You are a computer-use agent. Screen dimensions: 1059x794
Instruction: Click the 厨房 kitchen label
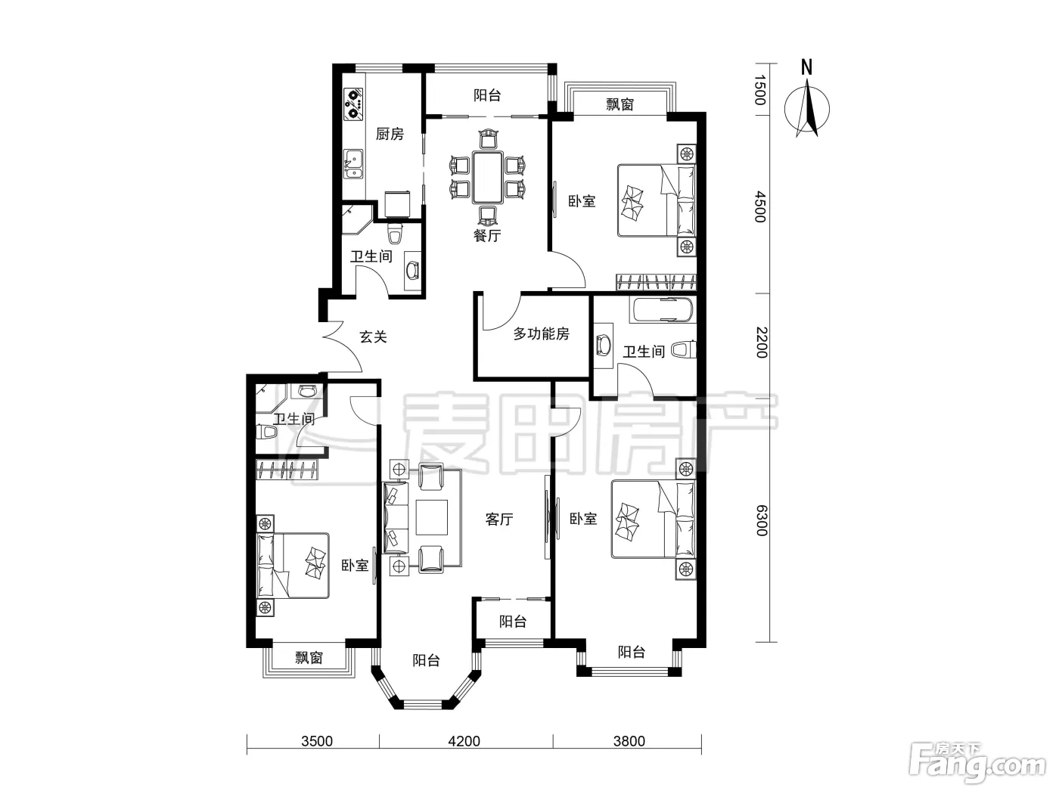pos(390,134)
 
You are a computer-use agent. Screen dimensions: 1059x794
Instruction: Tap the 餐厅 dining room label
pos(487,235)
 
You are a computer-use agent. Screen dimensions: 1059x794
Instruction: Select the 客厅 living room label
pos(498,520)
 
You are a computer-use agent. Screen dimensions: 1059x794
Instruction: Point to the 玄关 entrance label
pos(373,337)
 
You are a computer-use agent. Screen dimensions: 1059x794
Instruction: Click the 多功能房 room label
pos(541,333)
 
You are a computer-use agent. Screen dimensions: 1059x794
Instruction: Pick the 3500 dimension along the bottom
pos(317,741)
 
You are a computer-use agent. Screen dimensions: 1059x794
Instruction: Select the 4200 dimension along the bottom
pos(464,741)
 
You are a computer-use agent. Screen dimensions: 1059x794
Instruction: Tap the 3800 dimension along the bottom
pos(629,741)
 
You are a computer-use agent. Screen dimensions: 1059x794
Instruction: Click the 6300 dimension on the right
pos(761,520)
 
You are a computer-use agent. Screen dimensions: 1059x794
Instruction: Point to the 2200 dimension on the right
pos(761,343)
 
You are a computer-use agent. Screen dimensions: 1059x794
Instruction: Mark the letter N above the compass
pos(806,67)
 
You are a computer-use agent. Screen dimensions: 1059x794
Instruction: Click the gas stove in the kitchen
pos(354,104)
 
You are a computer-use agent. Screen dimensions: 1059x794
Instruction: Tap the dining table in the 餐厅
pos(488,177)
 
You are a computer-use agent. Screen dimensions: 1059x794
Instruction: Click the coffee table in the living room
pos(432,517)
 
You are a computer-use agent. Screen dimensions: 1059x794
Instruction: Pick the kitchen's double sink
pos(353,164)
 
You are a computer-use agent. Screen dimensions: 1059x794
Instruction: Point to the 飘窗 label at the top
pos(620,104)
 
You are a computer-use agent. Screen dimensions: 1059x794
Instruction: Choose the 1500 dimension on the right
pos(761,90)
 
